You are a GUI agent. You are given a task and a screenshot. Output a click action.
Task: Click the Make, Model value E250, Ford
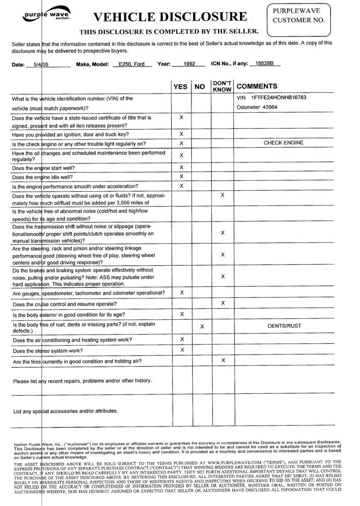pyautogui.click(x=132, y=64)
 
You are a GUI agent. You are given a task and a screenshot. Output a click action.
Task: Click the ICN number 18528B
pyautogui.click(x=264, y=64)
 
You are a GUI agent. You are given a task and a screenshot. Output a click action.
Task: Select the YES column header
pyautogui.click(x=180, y=87)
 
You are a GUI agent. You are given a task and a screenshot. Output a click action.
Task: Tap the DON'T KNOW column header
pyautogui.click(x=222, y=86)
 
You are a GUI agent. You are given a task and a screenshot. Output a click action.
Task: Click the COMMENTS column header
pyautogui.click(x=257, y=87)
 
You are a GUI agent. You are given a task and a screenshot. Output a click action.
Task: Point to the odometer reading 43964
pyautogui.click(x=263, y=107)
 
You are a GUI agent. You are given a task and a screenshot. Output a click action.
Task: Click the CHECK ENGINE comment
pyautogui.click(x=284, y=143)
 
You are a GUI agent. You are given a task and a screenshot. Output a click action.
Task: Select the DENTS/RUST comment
pyautogui.click(x=284, y=326)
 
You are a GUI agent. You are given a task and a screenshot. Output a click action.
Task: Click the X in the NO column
pyautogui.click(x=202, y=326)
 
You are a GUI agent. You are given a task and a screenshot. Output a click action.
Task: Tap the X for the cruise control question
pyautogui.click(x=223, y=303)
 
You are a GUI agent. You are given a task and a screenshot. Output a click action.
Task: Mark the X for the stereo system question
pyautogui.click(x=181, y=350)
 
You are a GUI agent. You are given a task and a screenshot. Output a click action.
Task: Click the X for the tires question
pyautogui.click(x=223, y=360)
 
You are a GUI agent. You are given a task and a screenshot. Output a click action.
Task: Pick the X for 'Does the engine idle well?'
pyautogui.click(x=181, y=177)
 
